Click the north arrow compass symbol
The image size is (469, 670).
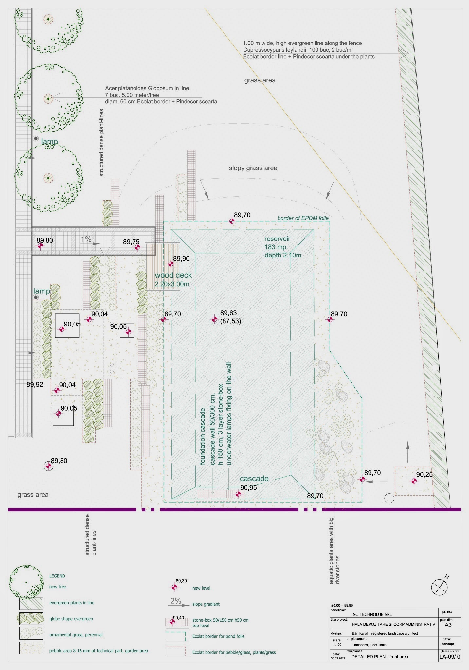(439, 586)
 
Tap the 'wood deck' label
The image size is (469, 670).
(173, 275)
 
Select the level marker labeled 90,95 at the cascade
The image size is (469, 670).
(238, 494)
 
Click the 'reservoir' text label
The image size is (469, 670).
(277, 239)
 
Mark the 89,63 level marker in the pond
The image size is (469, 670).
(214, 319)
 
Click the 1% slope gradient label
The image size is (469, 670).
(86, 239)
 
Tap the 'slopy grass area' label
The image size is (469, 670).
(253, 168)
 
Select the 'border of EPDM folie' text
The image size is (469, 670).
(303, 218)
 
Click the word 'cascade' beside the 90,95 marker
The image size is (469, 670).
(254, 479)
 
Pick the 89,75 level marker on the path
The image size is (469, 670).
(137, 247)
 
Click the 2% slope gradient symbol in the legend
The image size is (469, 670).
(175, 601)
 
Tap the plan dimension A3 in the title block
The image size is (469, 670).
(448, 625)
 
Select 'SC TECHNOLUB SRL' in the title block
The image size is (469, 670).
(372, 614)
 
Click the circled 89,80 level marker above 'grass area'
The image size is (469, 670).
(48, 466)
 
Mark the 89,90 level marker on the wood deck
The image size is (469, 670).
(171, 264)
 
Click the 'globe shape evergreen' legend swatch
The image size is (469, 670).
(31, 618)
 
